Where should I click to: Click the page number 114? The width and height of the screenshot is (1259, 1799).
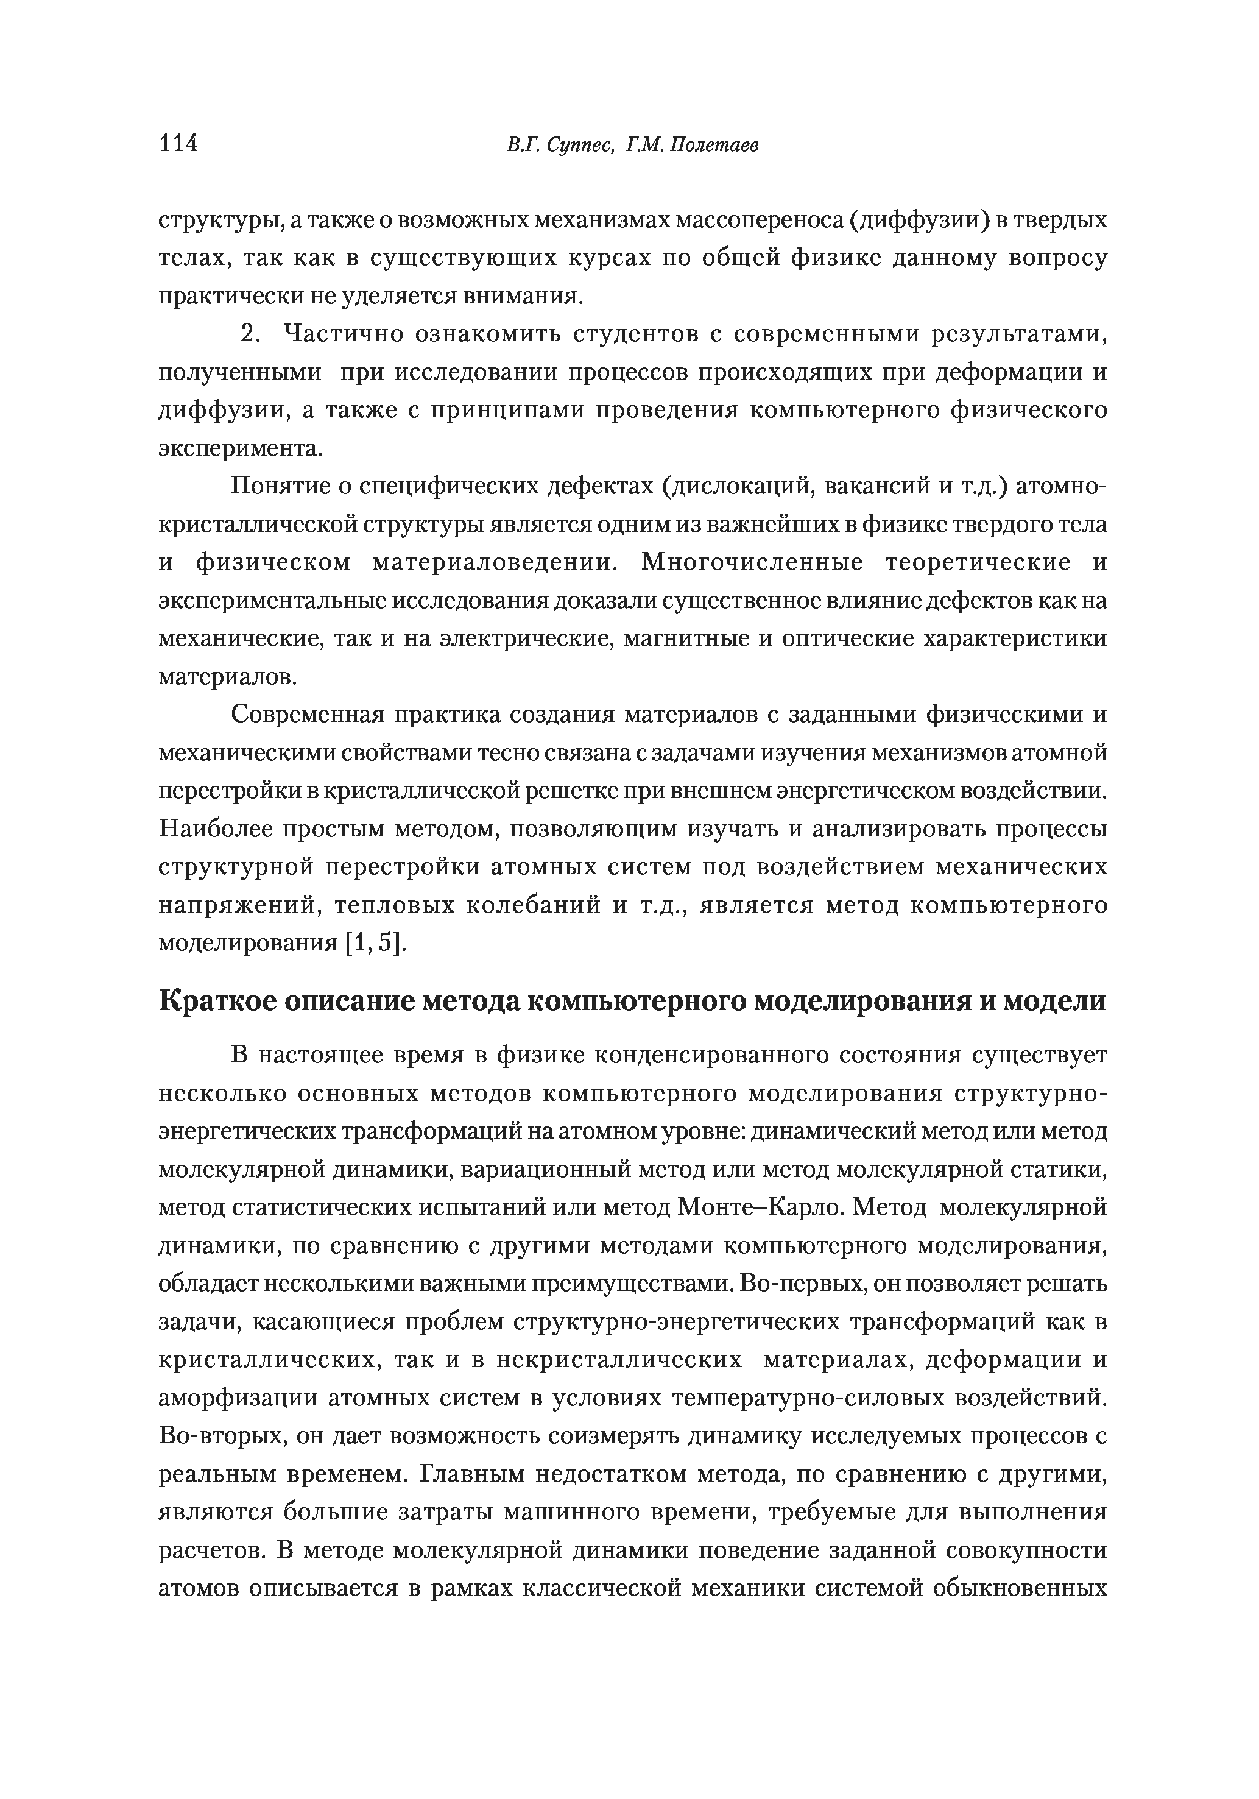pyautogui.click(x=178, y=143)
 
